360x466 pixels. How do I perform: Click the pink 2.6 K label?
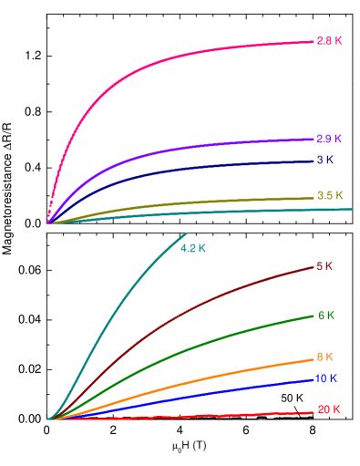click(x=329, y=41)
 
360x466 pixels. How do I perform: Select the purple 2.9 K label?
click(x=329, y=140)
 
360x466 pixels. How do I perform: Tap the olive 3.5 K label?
click(x=329, y=195)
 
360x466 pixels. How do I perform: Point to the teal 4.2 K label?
click(x=193, y=248)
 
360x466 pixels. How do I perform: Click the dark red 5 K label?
click(x=324, y=266)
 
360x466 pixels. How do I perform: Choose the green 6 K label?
click(x=325, y=316)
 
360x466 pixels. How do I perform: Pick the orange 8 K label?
click(x=324, y=357)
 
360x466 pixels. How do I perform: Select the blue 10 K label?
click(x=326, y=378)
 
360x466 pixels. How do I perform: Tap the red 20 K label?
click(x=328, y=409)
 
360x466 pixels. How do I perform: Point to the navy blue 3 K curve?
click(x=182, y=171)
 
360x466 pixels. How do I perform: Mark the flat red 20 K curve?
click(x=182, y=416)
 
